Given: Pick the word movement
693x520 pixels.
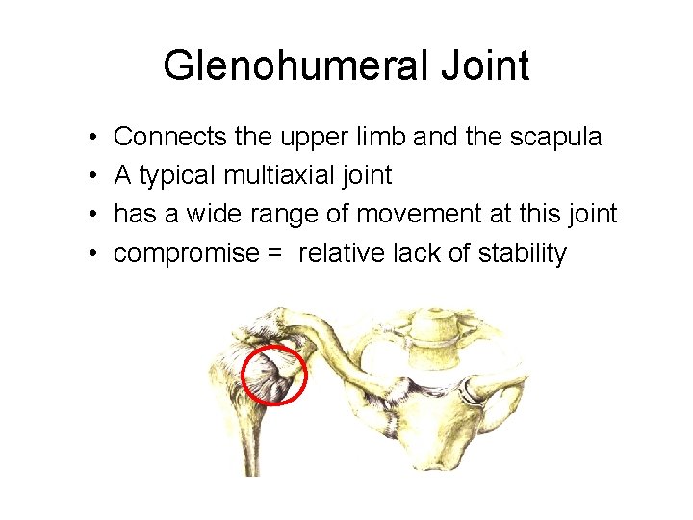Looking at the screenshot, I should [x=395, y=214].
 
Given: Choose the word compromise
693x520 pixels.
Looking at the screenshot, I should [x=187, y=253].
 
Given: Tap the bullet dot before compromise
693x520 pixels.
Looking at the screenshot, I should [x=88, y=254].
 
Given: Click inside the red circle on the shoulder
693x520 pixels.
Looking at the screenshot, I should [x=273, y=376].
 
